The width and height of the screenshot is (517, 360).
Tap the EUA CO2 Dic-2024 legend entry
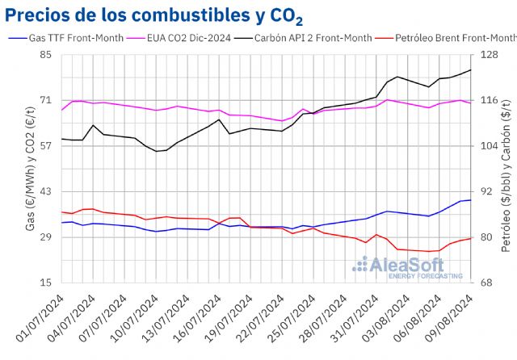click(x=183, y=37)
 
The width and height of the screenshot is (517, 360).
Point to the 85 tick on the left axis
click(x=45, y=55)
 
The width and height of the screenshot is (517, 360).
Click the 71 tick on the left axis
click(x=45, y=100)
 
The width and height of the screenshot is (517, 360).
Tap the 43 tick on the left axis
click(x=45, y=191)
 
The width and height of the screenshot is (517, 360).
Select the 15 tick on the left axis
click(x=45, y=283)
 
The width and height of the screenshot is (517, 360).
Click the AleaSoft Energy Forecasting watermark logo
click(x=409, y=267)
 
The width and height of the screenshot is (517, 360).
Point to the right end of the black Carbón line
click(x=471, y=70)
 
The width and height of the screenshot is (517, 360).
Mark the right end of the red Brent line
click(x=471, y=238)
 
